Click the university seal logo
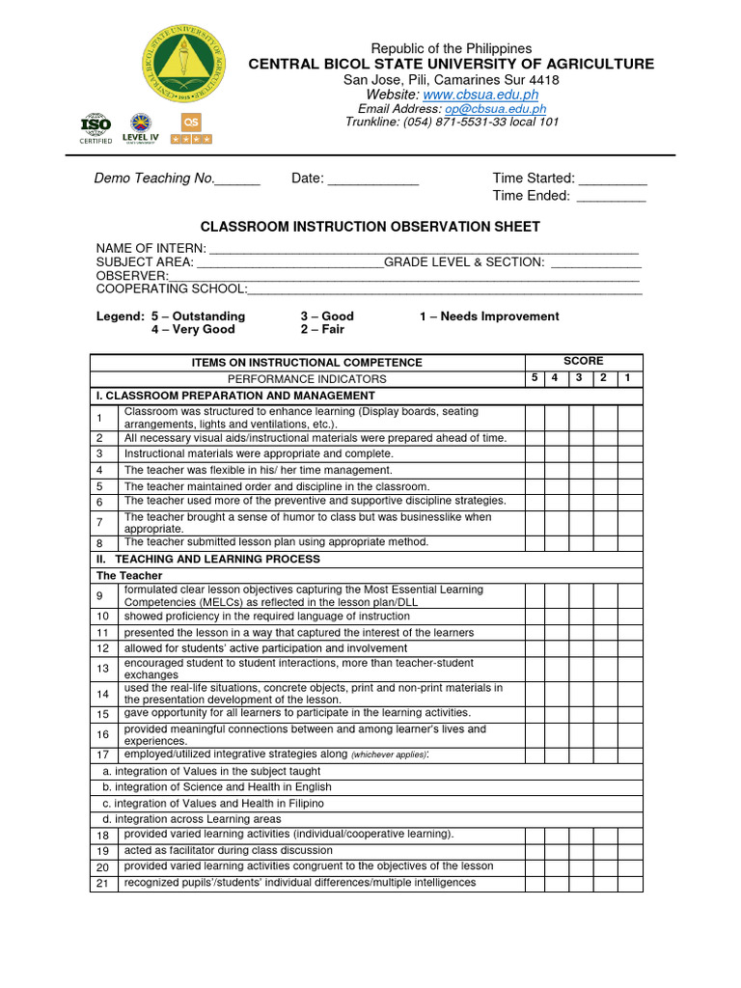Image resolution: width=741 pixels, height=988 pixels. coord(181,63)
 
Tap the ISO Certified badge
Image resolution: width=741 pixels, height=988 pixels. coord(96,128)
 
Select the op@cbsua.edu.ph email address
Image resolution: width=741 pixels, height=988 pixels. coord(495,109)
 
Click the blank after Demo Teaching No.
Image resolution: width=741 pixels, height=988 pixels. coord(237,179)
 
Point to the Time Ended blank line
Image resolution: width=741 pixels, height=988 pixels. coord(611,197)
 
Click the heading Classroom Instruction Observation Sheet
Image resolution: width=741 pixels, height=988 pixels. coord(370,227)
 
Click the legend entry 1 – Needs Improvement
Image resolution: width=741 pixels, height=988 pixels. coord(489,316)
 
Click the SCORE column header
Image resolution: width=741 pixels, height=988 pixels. coord(583,361)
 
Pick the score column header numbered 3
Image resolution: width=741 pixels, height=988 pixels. coord(579,378)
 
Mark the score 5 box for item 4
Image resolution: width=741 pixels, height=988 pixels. coord(535,470)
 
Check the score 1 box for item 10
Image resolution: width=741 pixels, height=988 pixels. coord(629,616)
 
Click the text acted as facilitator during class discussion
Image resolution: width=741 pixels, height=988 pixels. coord(228,850)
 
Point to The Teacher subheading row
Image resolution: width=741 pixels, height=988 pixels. coord(129,575)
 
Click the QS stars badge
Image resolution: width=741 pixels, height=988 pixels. coord(191,127)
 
